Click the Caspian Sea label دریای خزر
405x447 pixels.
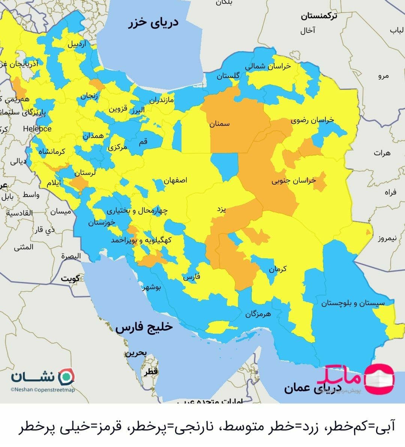tap(154, 23)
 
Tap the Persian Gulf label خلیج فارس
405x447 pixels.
tap(144, 327)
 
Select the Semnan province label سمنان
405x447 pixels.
tap(219, 124)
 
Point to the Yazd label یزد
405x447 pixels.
tap(221, 209)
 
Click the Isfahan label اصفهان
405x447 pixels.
tap(175, 181)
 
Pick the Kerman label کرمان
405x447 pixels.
tap(277, 269)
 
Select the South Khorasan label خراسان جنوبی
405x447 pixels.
tap(294, 181)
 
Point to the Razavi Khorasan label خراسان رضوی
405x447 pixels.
tap(312, 120)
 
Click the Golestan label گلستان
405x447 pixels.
tap(228, 76)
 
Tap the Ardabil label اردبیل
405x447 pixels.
tap(77, 44)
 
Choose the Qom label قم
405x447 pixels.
tap(143, 142)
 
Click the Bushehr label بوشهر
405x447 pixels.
tap(151, 288)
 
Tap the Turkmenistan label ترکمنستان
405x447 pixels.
tap(319, 16)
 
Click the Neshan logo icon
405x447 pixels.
tap(66, 376)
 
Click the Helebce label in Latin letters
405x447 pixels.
tap(37, 129)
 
